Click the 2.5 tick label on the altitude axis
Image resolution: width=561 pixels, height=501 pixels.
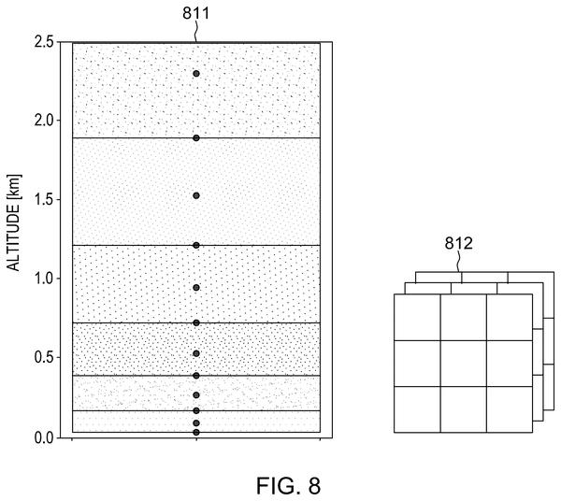tap(45, 42)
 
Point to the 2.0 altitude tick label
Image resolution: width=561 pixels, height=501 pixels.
tap(45, 121)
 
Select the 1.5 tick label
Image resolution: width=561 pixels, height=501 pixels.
tap(45, 199)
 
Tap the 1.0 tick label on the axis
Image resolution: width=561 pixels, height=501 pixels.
tap(45, 279)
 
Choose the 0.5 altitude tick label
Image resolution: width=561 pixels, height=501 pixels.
tap(45, 357)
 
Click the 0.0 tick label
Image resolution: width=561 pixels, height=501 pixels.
tap(45, 437)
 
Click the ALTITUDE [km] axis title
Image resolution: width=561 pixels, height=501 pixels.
tap(14, 222)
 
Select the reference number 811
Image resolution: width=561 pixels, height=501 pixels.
tap(195, 14)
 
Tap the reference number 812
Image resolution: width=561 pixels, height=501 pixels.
tap(459, 244)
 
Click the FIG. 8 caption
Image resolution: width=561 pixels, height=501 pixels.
tap(288, 486)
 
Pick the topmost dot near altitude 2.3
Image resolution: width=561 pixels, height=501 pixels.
tap(196, 74)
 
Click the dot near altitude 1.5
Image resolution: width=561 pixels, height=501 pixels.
tap(196, 195)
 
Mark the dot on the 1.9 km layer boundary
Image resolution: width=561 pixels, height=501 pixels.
tap(196, 138)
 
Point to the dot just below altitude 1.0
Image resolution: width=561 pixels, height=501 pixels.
tap(196, 288)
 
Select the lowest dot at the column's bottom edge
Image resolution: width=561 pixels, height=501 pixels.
tap(196, 433)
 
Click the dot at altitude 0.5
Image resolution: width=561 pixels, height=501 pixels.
tap(196, 353)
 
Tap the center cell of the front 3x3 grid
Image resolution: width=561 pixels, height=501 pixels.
tap(464, 364)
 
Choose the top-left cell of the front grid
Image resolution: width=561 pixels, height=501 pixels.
tap(417, 317)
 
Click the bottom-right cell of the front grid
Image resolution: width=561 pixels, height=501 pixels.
tap(510, 409)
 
